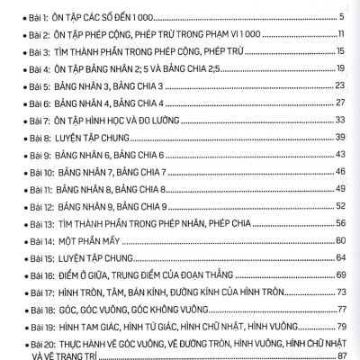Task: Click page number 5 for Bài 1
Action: [x=344, y=17]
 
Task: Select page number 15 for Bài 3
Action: [x=342, y=51]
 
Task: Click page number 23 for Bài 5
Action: [x=341, y=85]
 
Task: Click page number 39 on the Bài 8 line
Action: [x=341, y=137]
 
